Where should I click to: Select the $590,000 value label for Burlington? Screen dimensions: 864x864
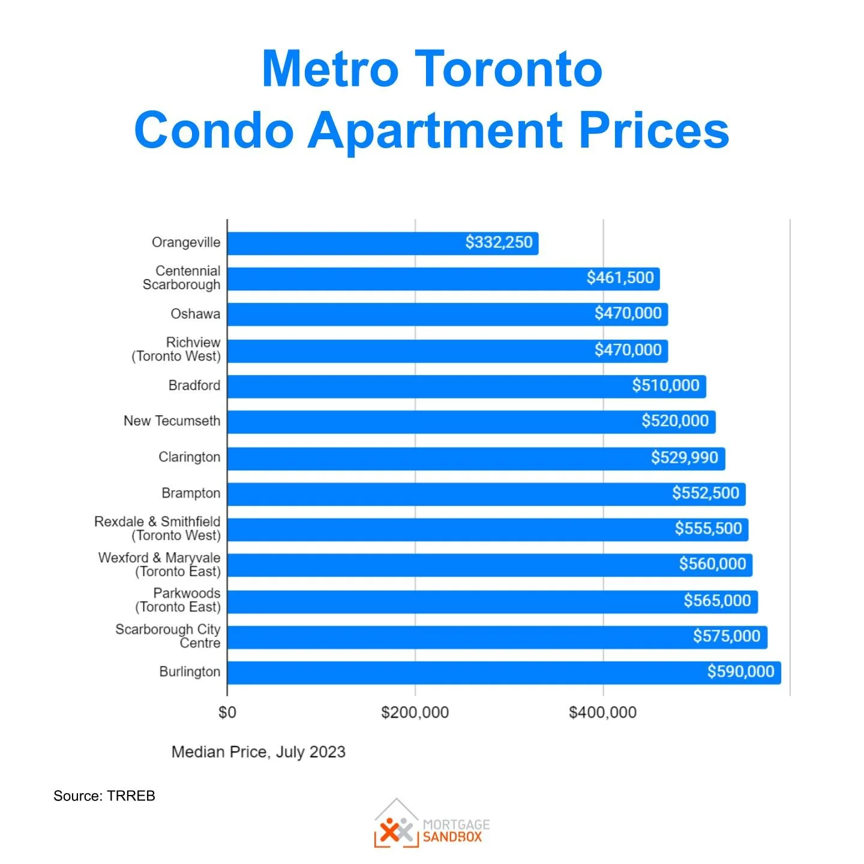740,671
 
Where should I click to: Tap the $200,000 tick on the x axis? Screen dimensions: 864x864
415,712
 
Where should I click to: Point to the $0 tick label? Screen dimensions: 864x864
227,712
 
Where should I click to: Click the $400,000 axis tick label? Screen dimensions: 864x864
602,712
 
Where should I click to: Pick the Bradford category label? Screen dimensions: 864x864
194,385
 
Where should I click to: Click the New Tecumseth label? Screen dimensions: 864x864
172,421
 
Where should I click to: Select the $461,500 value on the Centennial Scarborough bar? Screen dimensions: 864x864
620,278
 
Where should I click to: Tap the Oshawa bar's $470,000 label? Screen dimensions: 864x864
628,313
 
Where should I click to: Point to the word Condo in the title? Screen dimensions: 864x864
214,130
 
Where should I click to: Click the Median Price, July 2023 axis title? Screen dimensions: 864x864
258,752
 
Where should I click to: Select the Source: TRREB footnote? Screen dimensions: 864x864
104,796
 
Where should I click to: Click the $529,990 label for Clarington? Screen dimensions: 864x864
684,458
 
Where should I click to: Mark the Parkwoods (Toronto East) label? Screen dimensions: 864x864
178,600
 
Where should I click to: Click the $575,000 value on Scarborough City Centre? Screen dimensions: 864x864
726,636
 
